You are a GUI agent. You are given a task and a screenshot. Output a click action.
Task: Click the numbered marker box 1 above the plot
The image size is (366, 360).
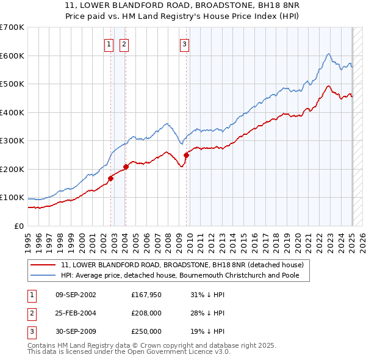[109, 44]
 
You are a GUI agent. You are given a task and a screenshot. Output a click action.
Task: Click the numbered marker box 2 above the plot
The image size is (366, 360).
[124, 44]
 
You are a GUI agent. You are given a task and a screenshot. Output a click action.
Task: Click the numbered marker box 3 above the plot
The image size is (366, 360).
[184, 44]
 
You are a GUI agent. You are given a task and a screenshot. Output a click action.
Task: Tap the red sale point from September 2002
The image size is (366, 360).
[111, 178]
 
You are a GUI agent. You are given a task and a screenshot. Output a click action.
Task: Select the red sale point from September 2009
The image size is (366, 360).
[186, 155]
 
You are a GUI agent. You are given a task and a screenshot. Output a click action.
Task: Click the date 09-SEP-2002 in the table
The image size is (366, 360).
[76, 295]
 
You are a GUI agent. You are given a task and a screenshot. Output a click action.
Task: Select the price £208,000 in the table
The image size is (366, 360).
[146, 313]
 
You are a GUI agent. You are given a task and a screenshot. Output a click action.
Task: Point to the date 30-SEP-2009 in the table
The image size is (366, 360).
[76, 331]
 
